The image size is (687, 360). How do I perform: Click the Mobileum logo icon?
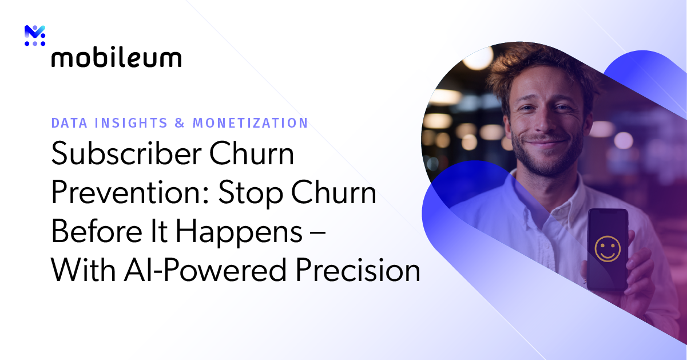(x=35, y=35)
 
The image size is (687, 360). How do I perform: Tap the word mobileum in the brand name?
(x=117, y=58)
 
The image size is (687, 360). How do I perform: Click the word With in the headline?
(x=82, y=270)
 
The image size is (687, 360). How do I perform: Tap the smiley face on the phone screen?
(x=607, y=247)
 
